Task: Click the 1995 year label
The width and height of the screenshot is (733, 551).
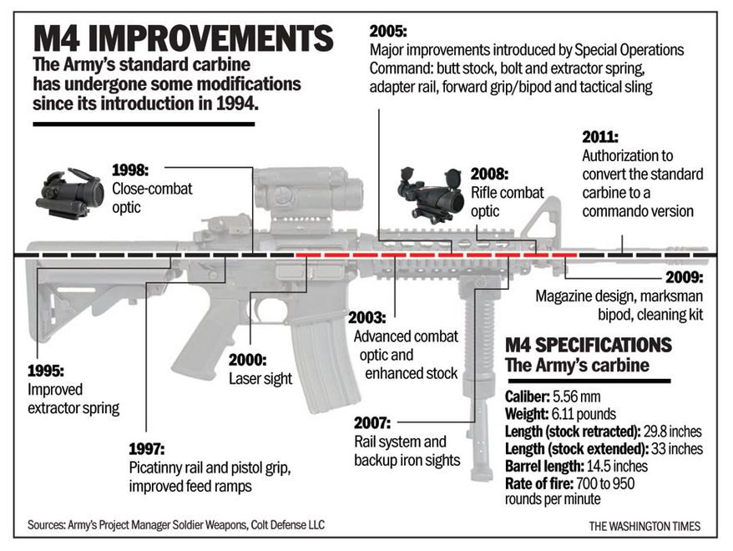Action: (x=46, y=371)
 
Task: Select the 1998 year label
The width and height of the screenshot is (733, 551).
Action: (x=130, y=170)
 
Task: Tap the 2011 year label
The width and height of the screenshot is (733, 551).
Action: (x=600, y=137)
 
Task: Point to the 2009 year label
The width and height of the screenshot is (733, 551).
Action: (x=684, y=277)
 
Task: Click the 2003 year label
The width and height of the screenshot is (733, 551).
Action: (x=367, y=318)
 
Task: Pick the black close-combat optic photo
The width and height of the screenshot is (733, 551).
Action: (x=69, y=193)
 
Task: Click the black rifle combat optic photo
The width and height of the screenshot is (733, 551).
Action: (x=431, y=193)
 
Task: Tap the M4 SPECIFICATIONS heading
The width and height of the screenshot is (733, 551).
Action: (x=588, y=345)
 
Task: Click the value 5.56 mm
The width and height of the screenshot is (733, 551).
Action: (x=576, y=397)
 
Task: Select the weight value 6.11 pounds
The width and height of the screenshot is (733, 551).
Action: (x=584, y=414)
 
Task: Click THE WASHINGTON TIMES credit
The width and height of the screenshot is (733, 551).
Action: (x=645, y=526)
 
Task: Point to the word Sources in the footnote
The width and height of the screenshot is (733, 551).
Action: (x=46, y=525)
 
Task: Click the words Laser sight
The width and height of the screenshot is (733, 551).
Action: (x=260, y=378)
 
